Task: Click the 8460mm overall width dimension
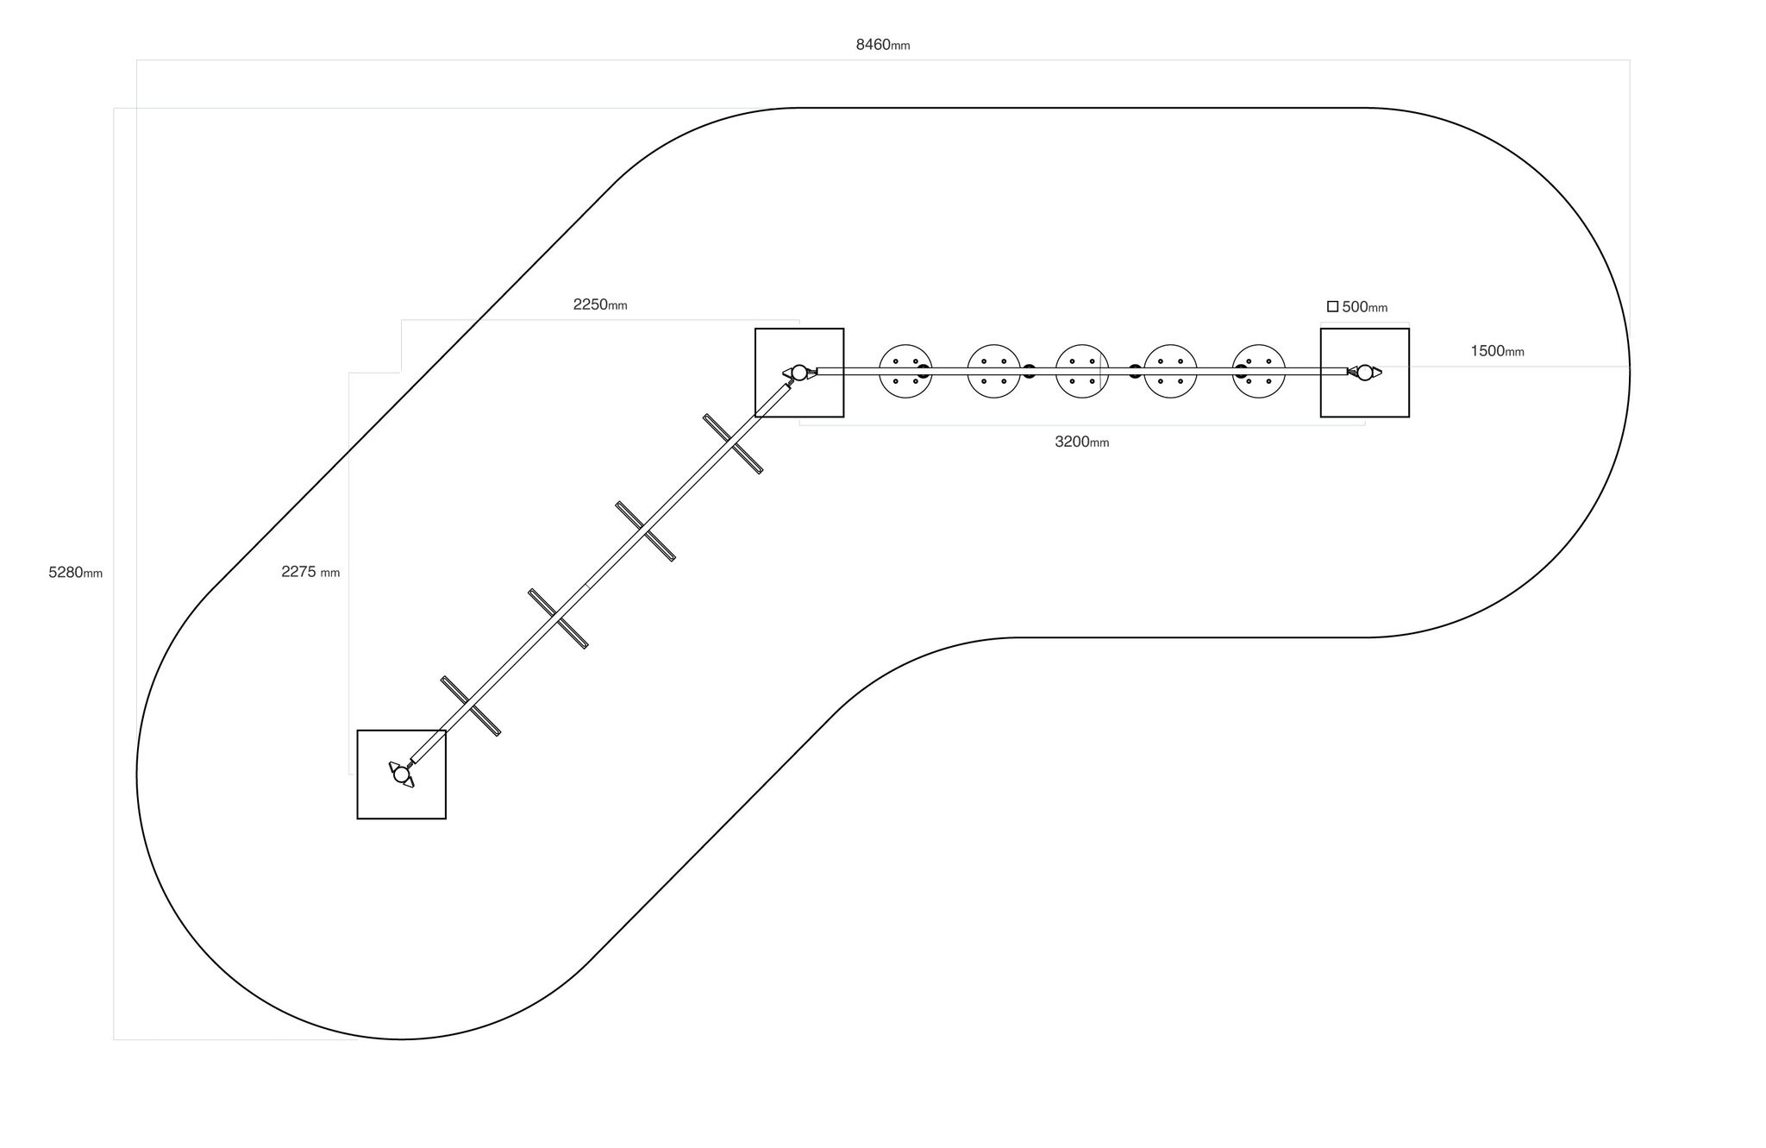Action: click(x=882, y=45)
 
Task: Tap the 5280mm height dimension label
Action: click(x=75, y=573)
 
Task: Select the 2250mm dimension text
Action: click(x=600, y=304)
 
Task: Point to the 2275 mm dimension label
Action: click(x=310, y=572)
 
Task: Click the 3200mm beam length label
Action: click(x=1082, y=442)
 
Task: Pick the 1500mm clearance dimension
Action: click(x=1498, y=351)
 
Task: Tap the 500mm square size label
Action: click(x=1365, y=307)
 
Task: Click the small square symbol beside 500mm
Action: click(x=1332, y=306)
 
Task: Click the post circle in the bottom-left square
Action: click(x=401, y=775)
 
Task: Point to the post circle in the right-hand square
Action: click(x=1365, y=373)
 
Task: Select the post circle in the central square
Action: click(x=799, y=373)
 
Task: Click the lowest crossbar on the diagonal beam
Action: click(x=471, y=706)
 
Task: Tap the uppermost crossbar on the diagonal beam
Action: click(x=733, y=444)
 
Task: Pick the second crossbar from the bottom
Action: click(x=558, y=618)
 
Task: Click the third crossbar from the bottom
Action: click(x=645, y=531)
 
